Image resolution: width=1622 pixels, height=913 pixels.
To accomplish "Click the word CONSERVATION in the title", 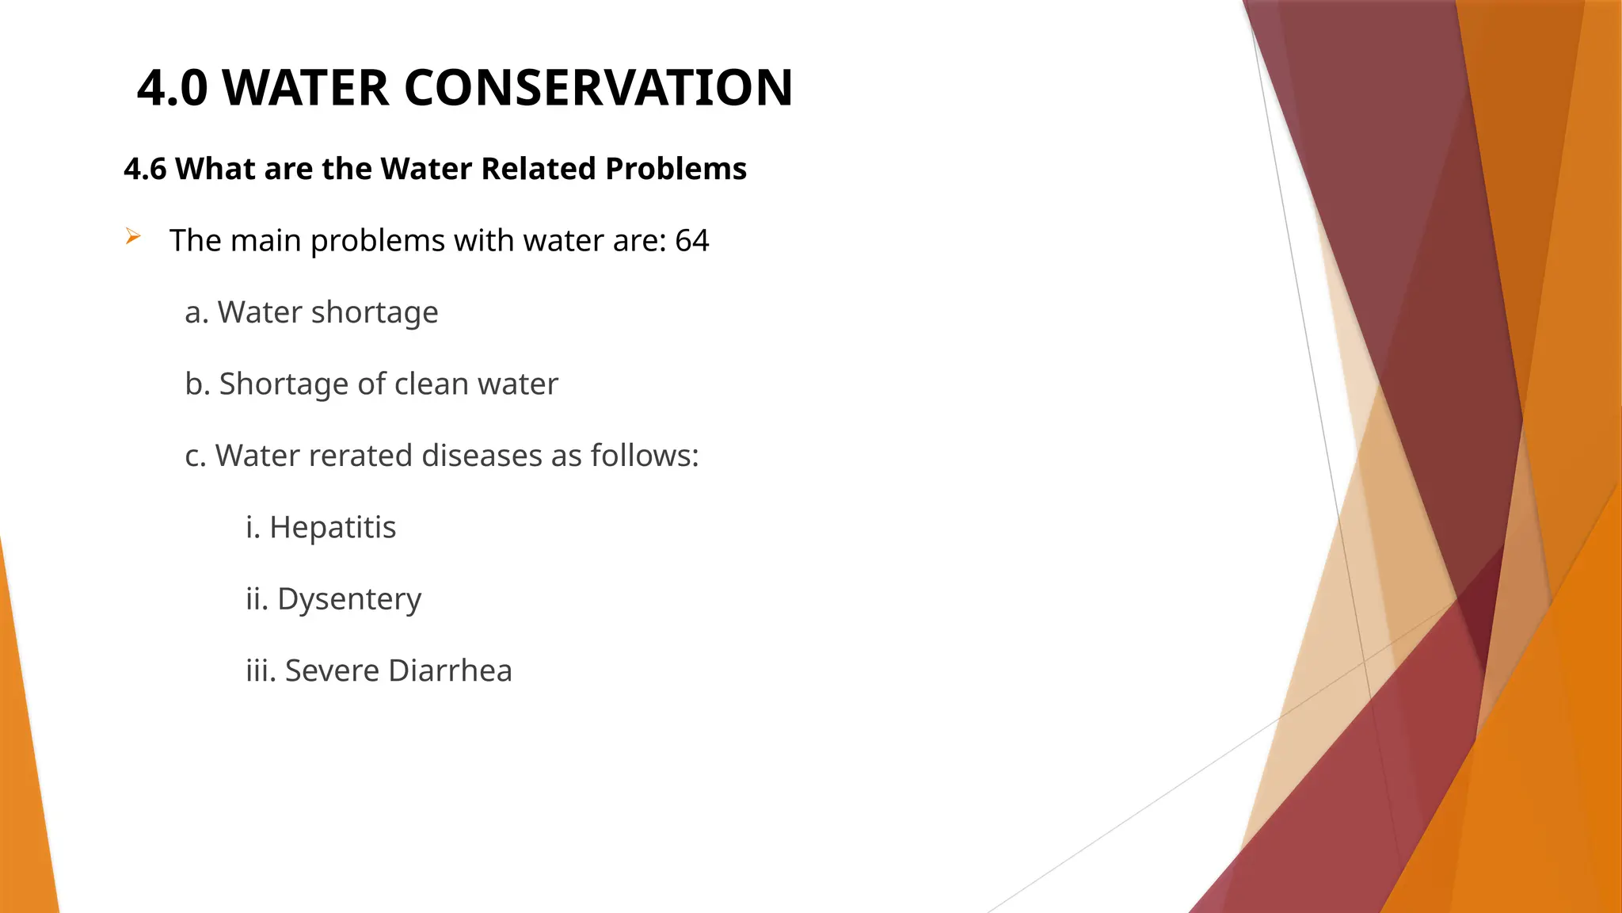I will tap(598, 87).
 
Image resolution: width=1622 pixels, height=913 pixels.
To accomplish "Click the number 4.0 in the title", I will tap(172, 87).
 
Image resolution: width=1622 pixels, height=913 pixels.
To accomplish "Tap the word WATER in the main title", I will tap(306, 87).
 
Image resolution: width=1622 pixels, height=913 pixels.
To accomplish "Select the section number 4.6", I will tap(145, 169).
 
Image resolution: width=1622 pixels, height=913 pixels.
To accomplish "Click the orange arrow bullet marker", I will tap(132, 236).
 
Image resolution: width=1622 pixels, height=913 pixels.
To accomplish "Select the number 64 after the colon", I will tap(691, 240).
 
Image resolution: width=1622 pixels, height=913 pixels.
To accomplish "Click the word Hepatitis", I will tap(333, 527).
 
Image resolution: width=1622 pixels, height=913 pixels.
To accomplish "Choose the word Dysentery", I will tap(349, 599).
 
